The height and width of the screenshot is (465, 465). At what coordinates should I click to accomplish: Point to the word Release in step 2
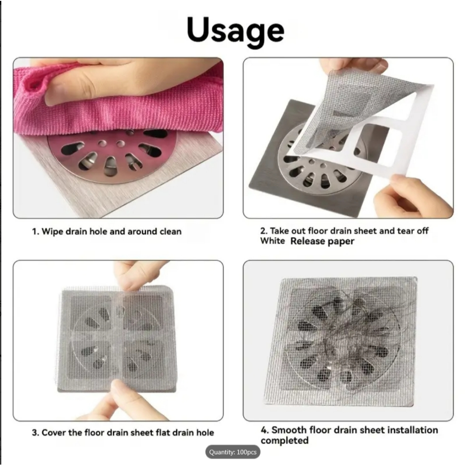[x=307, y=241]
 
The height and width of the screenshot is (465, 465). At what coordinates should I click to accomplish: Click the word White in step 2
[x=272, y=241]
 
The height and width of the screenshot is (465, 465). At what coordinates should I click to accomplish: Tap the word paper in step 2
[x=341, y=242]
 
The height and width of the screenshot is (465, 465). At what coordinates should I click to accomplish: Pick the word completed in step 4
[x=285, y=440]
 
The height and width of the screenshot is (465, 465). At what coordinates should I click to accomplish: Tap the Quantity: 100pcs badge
[x=233, y=452]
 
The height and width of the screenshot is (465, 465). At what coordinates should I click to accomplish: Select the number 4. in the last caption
[x=265, y=430]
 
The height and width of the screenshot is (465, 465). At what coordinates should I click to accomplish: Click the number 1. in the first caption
[x=35, y=231]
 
